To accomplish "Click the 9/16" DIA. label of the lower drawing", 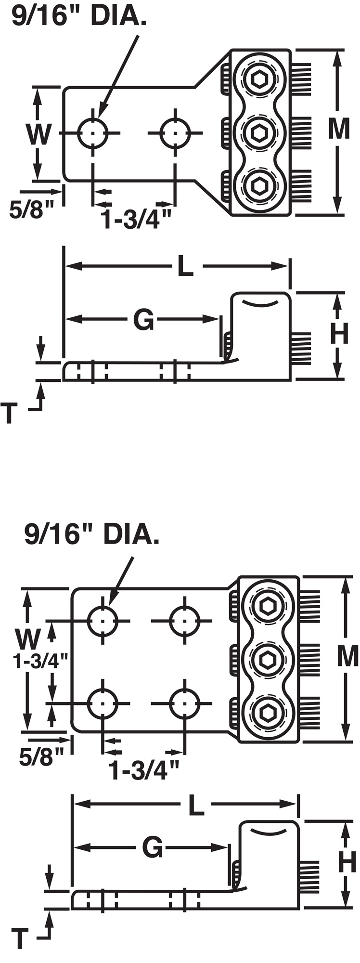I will pyautogui.click(x=91, y=535).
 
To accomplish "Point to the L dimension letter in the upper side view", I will pyautogui.click(x=185, y=266).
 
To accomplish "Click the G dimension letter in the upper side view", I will pyautogui.click(x=143, y=320).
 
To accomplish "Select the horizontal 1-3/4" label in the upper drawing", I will pyautogui.click(x=137, y=219).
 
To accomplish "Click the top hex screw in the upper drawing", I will pyautogui.click(x=260, y=78).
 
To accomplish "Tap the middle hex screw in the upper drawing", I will pyautogui.click(x=260, y=131).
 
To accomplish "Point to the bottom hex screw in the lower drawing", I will pyautogui.click(x=268, y=712).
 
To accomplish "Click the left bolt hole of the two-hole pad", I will pyautogui.click(x=93, y=132).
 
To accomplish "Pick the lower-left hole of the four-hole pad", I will pyautogui.click(x=103, y=703).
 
